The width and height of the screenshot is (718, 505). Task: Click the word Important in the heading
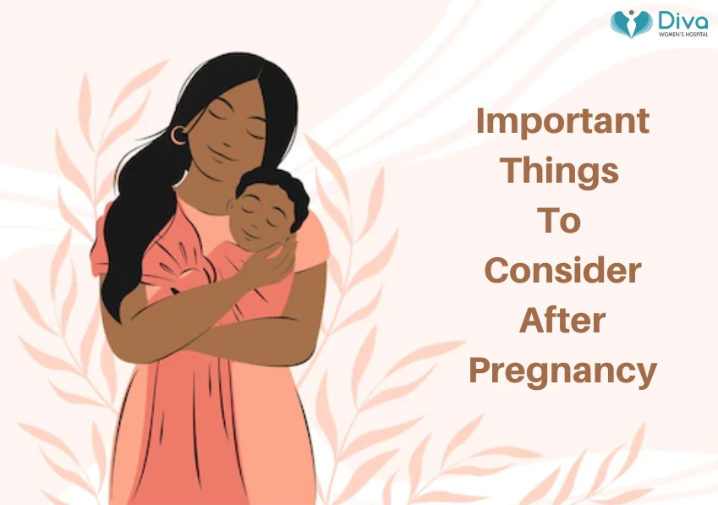point(562,121)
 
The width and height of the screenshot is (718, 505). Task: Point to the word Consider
point(562,271)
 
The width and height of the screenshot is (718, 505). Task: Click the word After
point(562,321)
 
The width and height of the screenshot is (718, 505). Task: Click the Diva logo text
point(681,19)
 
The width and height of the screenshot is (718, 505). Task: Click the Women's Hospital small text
point(681,35)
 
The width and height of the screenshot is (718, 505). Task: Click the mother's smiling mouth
point(222,157)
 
